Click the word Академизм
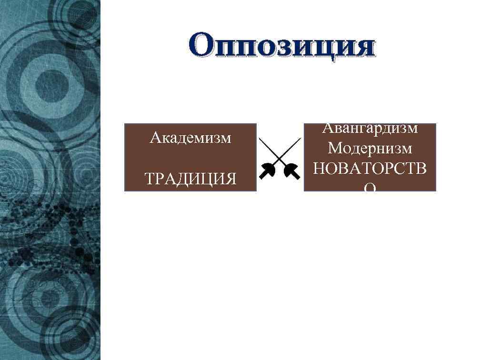190,138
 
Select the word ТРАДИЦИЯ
190,179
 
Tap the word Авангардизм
370,128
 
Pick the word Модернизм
370,148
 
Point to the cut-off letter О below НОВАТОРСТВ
370,189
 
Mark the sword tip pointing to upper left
260,139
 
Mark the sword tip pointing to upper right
300,139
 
